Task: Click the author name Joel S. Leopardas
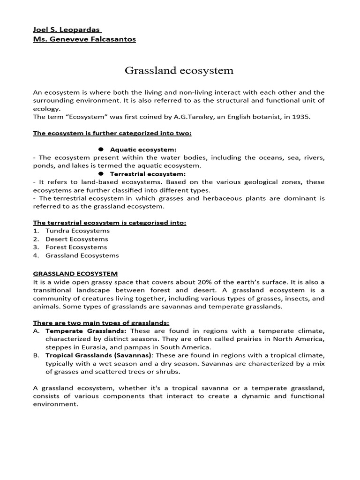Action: click(x=63, y=30)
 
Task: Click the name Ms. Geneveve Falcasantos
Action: click(x=84, y=39)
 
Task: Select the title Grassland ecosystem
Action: click(x=179, y=71)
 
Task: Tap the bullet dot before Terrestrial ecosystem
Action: click(x=101, y=173)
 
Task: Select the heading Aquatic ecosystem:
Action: click(x=143, y=150)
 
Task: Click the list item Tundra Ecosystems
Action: click(x=77, y=231)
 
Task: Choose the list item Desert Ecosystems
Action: click(x=76, y=239)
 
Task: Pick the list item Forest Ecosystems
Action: click(x=76, y=247)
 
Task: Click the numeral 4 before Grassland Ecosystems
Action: click(x=36, y=255)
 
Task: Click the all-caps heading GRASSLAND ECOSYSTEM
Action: click(x=75, y=273)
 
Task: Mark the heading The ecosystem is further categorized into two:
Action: click(x=112, y=133)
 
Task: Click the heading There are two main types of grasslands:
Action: click(x=101, y=323)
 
